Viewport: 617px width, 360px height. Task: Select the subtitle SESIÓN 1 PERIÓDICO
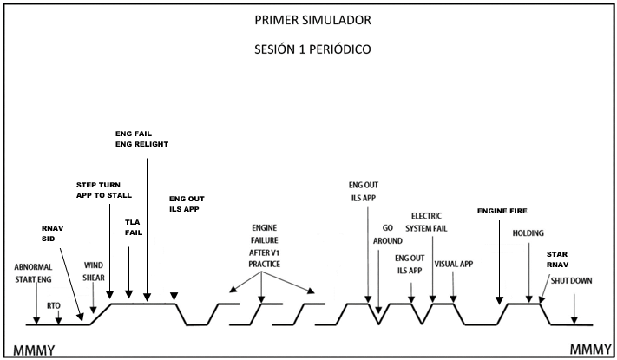pos(308,49)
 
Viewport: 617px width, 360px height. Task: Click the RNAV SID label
pos(54,235)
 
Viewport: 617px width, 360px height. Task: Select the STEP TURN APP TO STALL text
pos(104,191)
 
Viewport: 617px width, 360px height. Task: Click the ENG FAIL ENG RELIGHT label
pos(141,139)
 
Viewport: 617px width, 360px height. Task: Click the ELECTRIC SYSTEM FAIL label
pos(430,221)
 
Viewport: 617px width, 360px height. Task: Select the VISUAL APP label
pos(453,264)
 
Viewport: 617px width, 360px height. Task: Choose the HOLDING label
pos(528,233)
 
